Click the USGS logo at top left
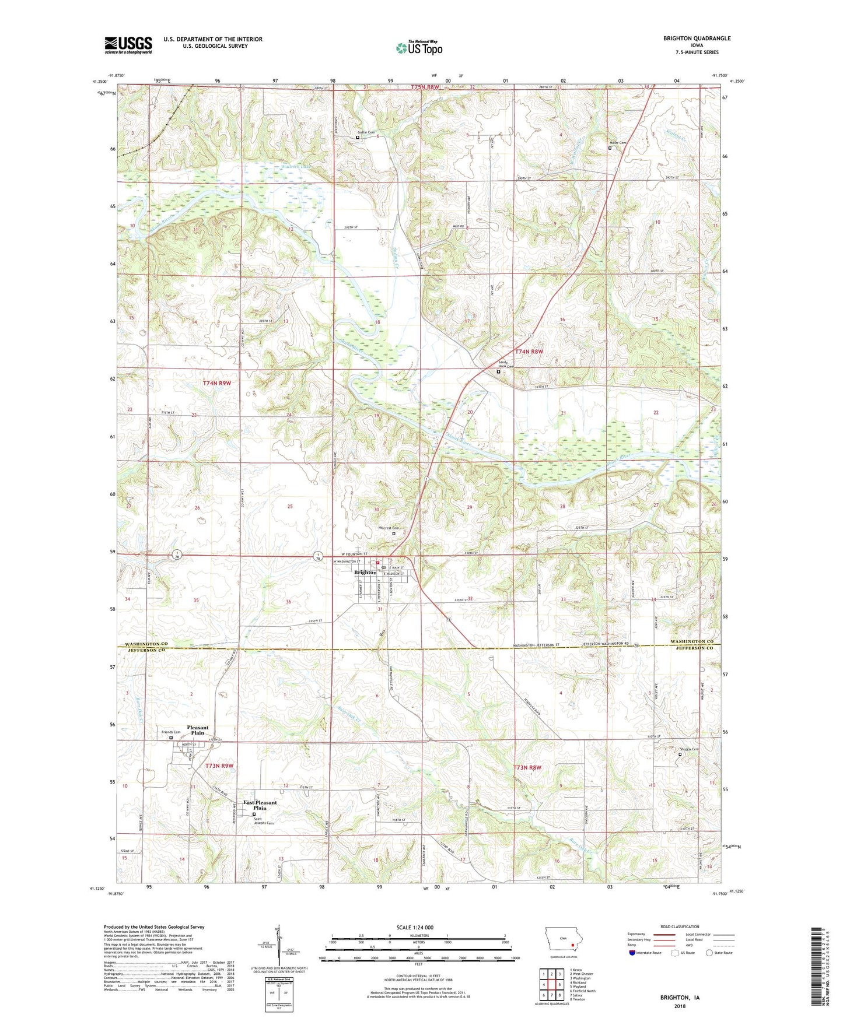click(128, 44)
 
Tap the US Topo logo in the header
click(419, 48)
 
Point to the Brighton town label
click(366, 572)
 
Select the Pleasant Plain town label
click(198, 730)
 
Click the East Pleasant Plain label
click(260, 805)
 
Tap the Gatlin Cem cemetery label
click(366, 132)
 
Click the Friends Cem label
click(171, 732)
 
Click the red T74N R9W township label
click(217, 383)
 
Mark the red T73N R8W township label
click(527, 767)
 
